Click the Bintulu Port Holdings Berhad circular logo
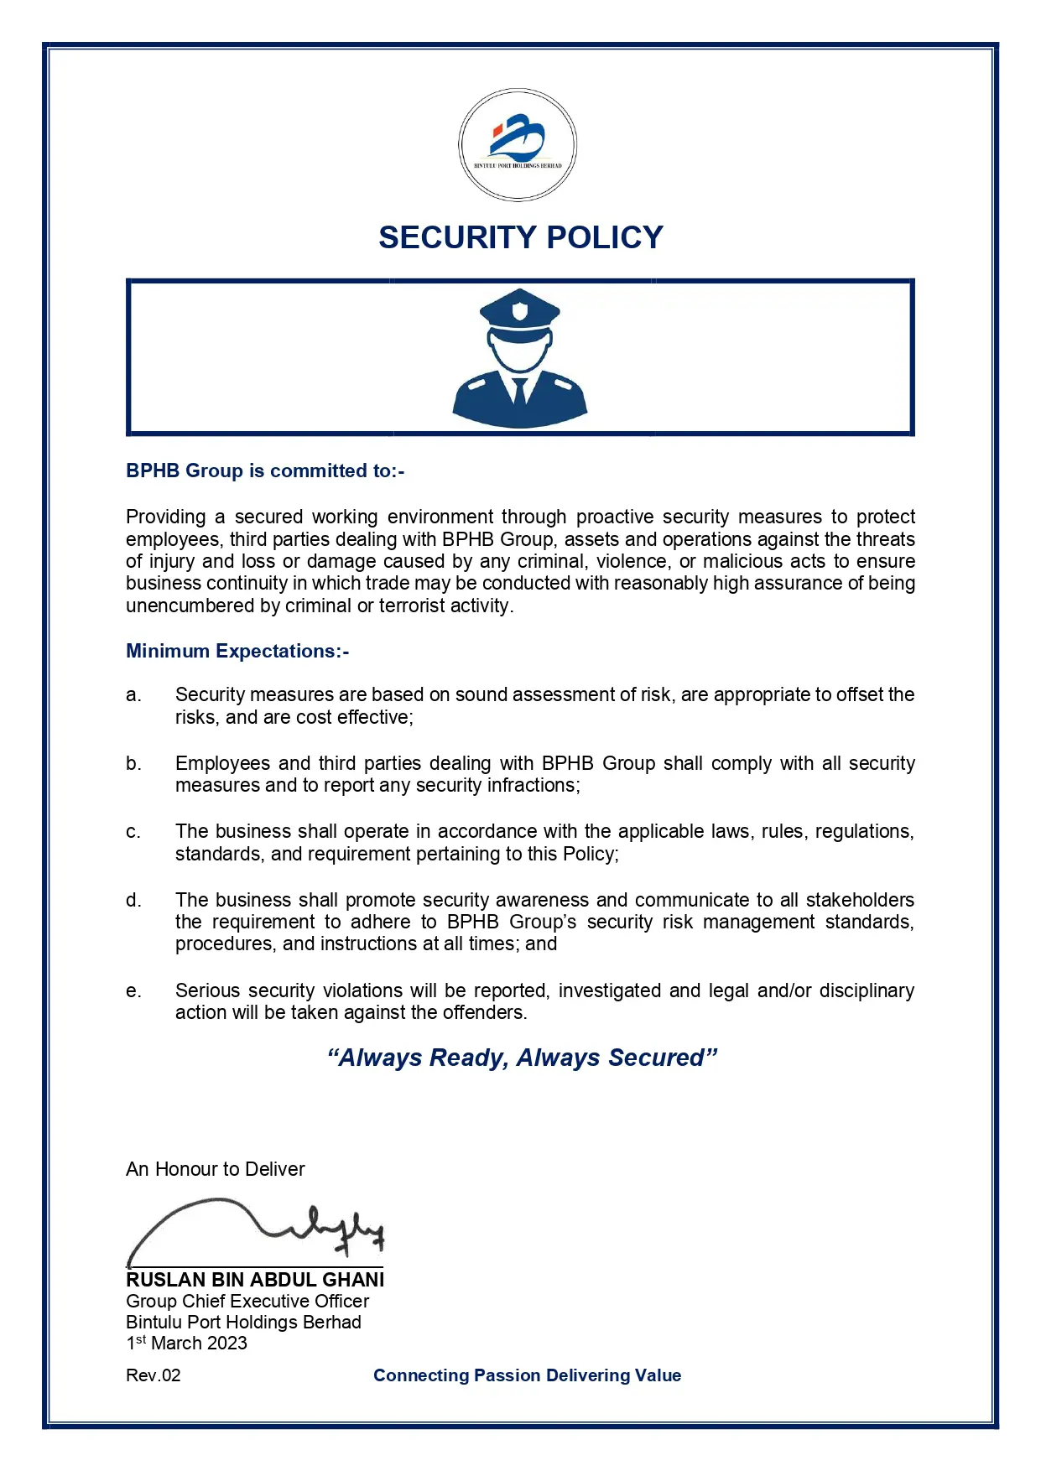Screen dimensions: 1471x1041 point(518,145)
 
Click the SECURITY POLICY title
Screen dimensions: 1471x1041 point(520,238)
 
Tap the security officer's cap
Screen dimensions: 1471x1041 point(519,311)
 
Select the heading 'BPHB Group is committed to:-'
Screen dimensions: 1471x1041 point(265,471)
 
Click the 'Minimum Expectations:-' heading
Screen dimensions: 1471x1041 point(237,652)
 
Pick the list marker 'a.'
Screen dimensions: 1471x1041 point(133,695)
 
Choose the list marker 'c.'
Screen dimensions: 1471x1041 point(133,832)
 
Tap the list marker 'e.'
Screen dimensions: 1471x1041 point(133,991)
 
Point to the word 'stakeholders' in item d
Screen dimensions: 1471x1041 point(859,901)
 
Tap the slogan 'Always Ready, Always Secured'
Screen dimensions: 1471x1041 point(522,1058)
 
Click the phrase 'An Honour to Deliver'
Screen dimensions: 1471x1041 point(216,1170)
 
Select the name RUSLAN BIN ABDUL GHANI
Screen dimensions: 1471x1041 point(255,1281)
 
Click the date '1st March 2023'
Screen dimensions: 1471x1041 point(186,1344)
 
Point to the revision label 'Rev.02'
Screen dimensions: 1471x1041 point(154,1376)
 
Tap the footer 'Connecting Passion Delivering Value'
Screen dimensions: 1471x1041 point(527,1376)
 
